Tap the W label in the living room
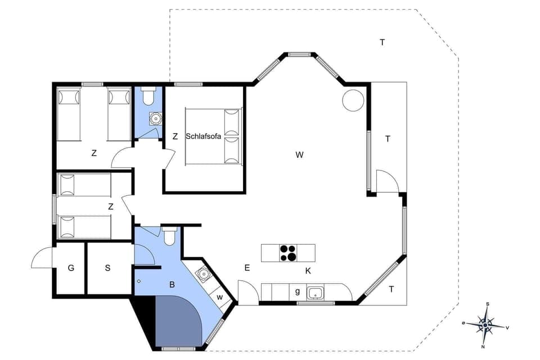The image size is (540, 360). click(299, 155)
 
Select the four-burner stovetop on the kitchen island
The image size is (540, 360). click(288, 253)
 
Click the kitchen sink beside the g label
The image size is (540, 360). click(314, 292)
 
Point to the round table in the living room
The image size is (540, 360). click(353, 100)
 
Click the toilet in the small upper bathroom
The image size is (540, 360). click(148, 97)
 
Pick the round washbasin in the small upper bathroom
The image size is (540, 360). click(155, 119)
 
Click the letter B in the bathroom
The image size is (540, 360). click(172, 285)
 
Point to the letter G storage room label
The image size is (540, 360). click(71, 268)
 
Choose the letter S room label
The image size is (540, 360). click(107, 268)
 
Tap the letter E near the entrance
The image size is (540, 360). click(246, 268)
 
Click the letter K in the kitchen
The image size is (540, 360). click(308, 271)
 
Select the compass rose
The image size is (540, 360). click(485, 324)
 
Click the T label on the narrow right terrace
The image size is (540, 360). click(388, 139)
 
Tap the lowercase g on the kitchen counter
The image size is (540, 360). click(297, 291)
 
